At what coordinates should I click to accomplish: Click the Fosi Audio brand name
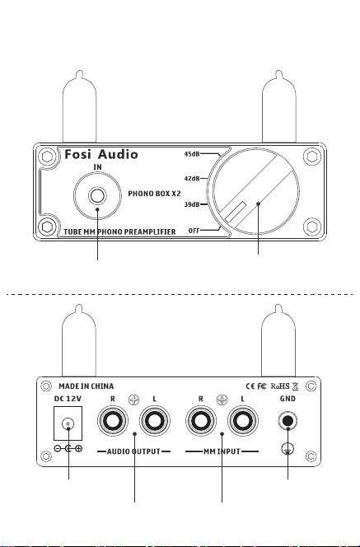click(101, 154)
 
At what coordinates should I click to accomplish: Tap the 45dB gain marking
click(191, 154)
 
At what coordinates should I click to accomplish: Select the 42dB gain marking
click(191, 179)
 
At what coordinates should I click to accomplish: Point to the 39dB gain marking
click(191, 204)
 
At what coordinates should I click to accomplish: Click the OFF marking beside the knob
click(194, 231)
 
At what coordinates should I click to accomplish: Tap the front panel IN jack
click(97, 195)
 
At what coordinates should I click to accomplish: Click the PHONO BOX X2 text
click(154, 194)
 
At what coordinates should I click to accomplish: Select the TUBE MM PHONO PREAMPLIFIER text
click(119, 232)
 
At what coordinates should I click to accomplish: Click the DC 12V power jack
click(68, 423)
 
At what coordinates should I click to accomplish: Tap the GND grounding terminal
click(288, 421)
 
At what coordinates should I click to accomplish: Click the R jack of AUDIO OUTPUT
click(112, 421)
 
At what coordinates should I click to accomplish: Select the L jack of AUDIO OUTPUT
click(155, 421)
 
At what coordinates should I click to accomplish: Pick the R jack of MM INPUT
click(200, 421)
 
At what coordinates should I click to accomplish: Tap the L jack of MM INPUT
click(243, 421)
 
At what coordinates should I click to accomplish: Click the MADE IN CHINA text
click(86, 386)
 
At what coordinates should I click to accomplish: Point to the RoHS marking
click(280, 386)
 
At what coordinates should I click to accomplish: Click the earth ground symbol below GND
click(288, 449)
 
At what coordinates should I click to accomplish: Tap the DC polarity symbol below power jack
click(68, 449)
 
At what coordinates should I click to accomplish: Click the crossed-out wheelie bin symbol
click(295, 386)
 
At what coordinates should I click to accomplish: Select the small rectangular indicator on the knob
click(236, 212)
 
